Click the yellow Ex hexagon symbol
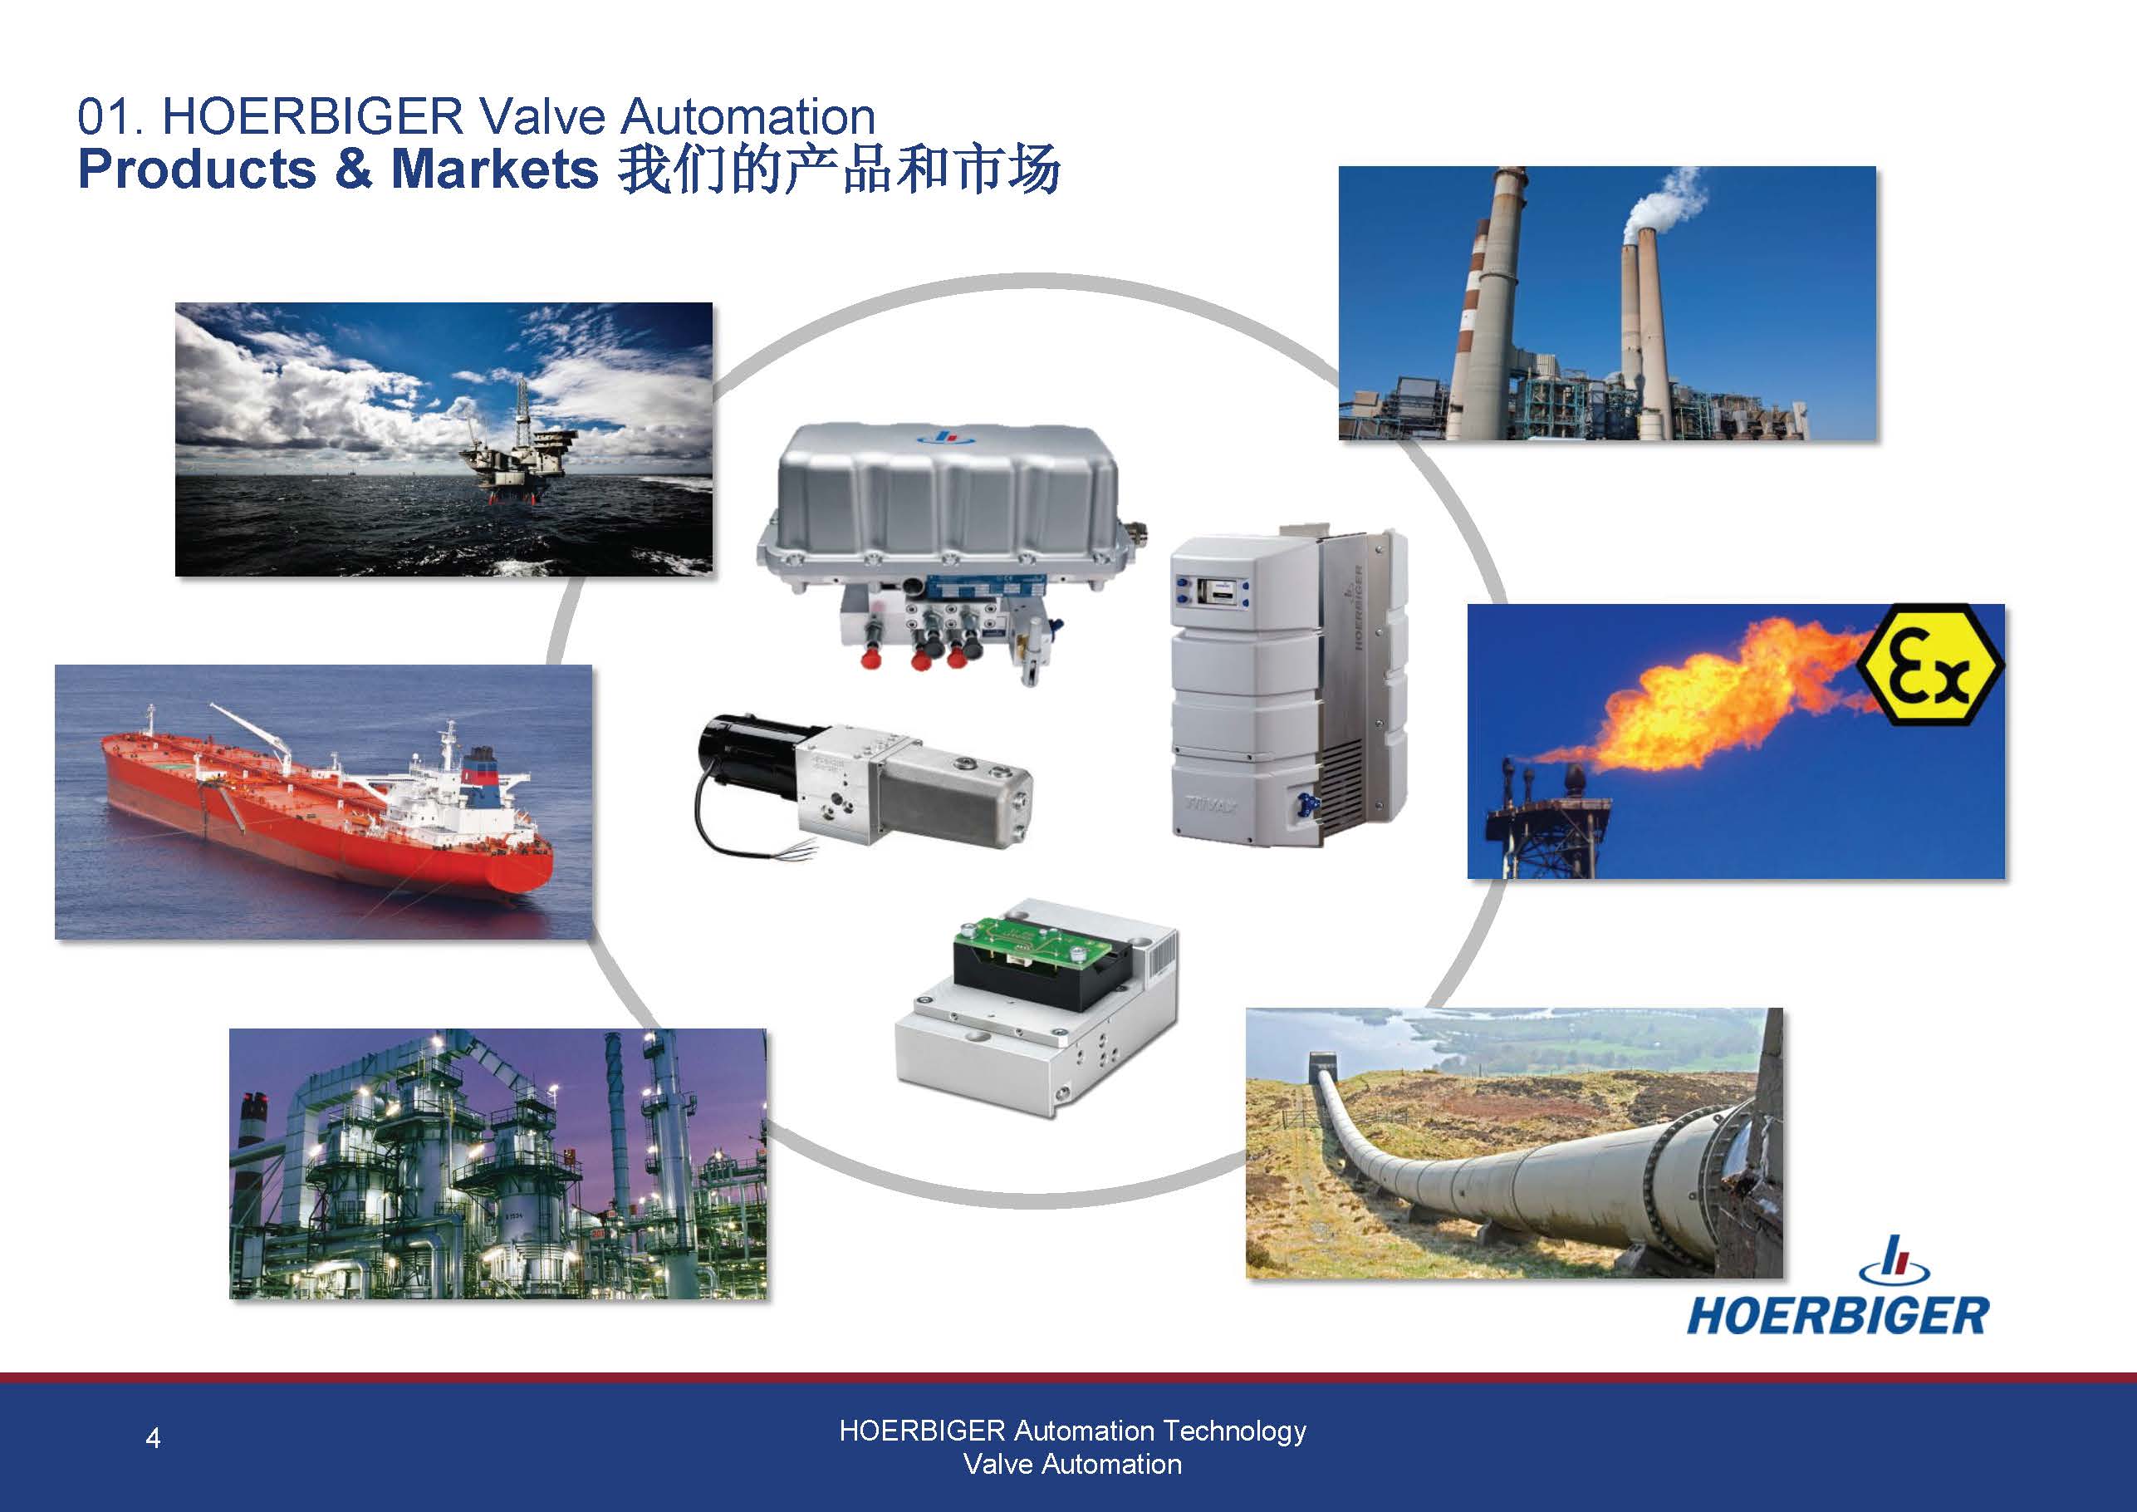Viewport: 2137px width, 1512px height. [x=1929, y=665]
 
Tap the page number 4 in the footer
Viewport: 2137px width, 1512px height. [x=154, y=1438]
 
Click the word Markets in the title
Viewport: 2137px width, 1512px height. [x=494, y=169]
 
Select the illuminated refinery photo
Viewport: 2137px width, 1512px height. [x=498, y=1164]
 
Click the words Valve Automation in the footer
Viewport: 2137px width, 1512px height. [x=1072, y=1465]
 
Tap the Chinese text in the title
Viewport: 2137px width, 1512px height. [x=839, y=169]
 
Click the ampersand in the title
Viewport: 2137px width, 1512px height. [x=353, y=169]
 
